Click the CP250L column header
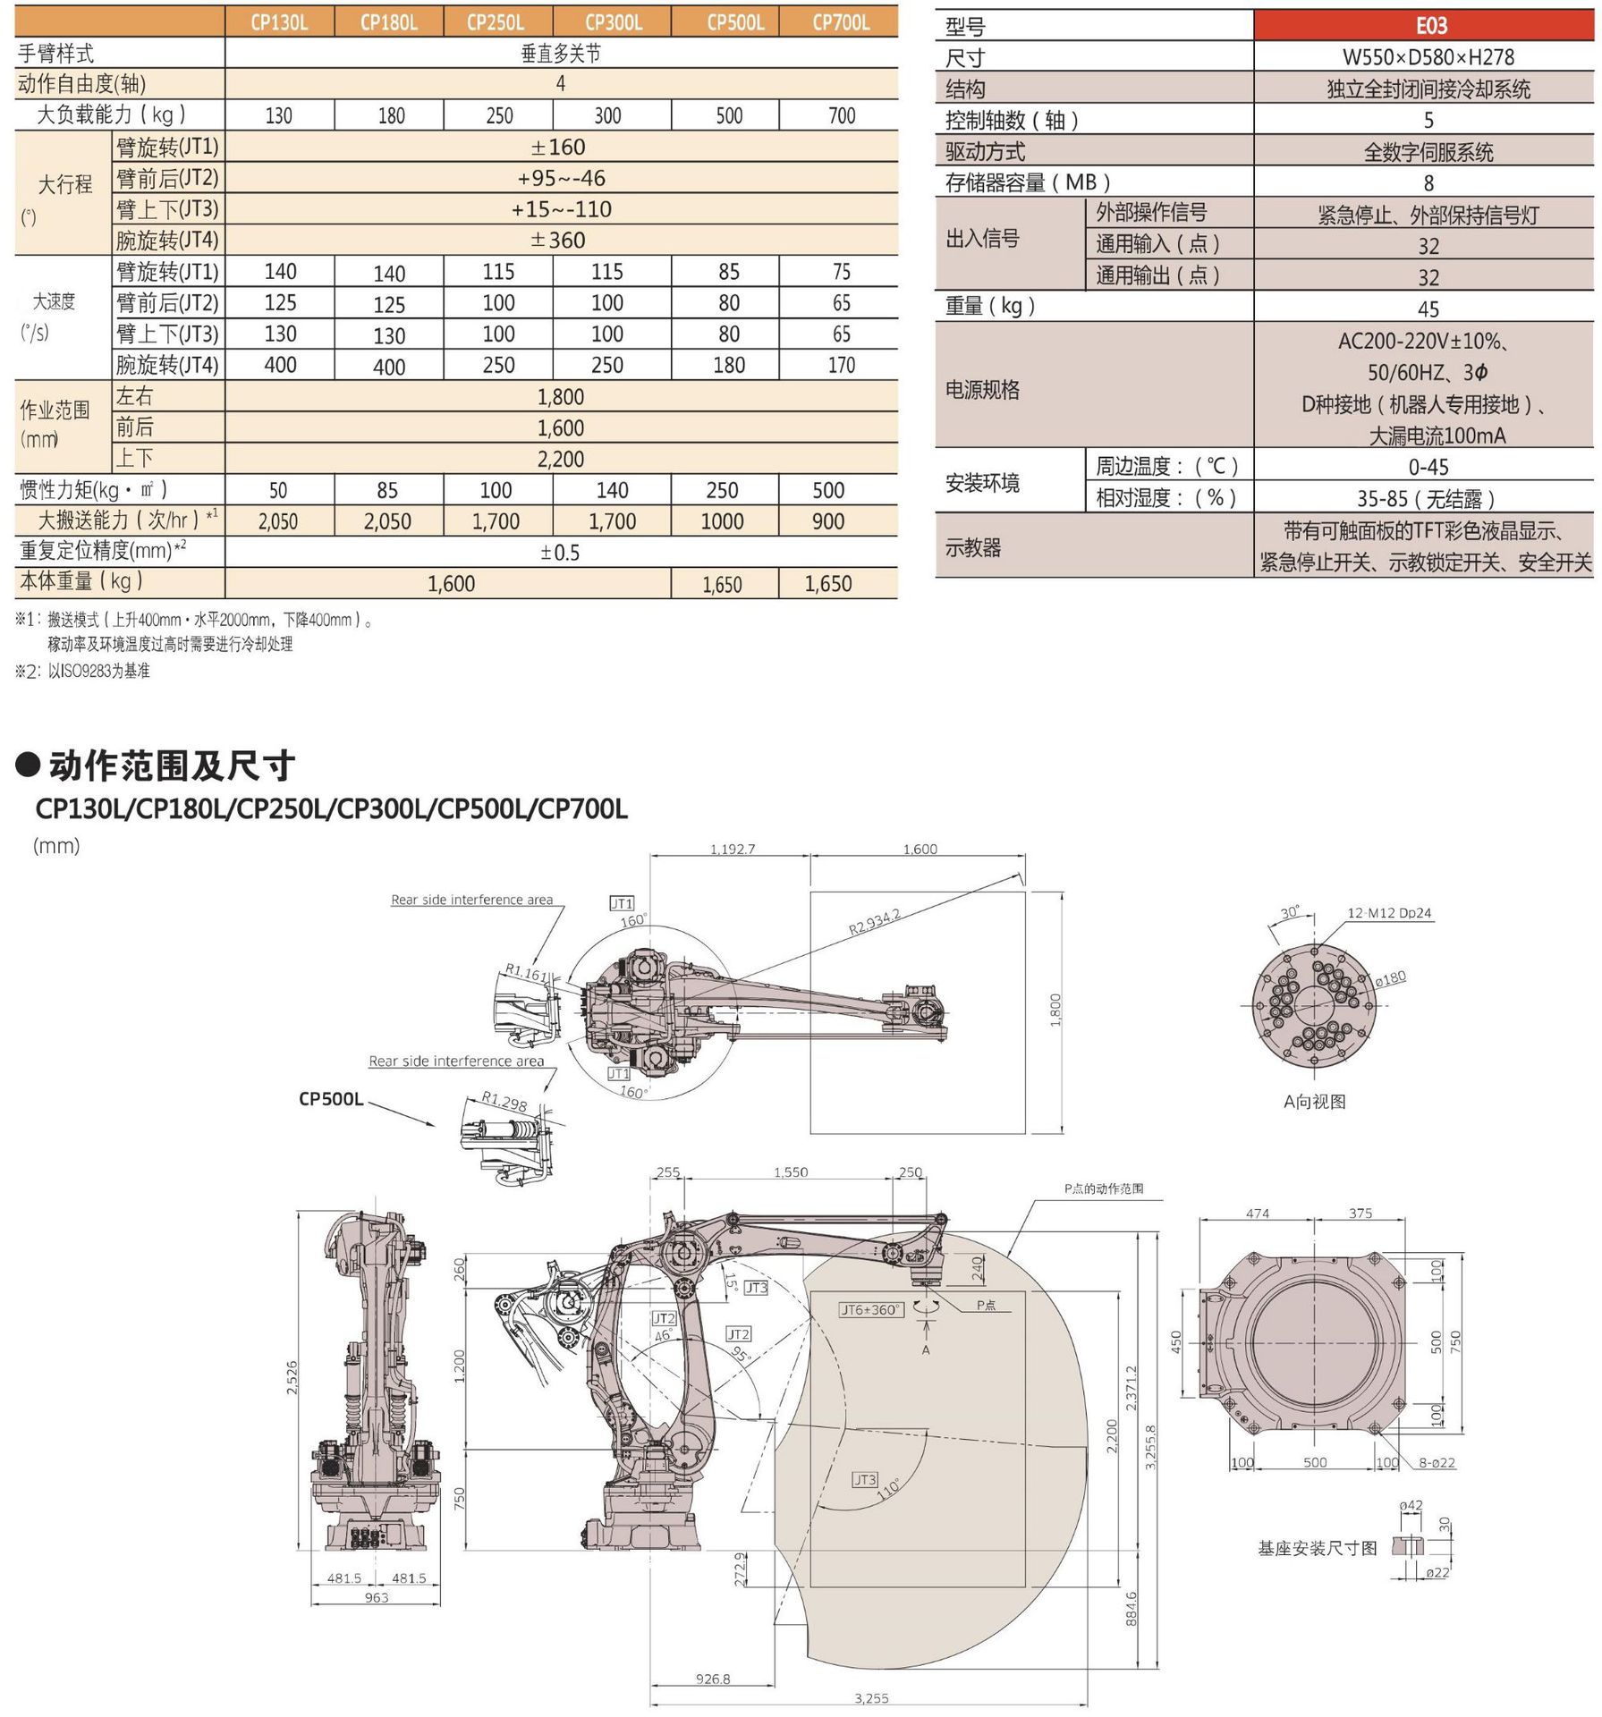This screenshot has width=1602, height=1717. coord(496,22)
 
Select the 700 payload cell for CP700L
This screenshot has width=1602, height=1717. coord(841,115)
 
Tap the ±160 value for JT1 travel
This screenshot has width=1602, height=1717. coord(560,147)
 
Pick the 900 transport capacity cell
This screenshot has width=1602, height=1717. coord(828,521)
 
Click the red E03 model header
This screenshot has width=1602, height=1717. coord(1429,26)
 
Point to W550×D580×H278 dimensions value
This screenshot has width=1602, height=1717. coord(1428,57)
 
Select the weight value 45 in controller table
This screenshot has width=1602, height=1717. coord(1428,309)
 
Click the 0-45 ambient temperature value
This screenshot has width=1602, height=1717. coord(1428,467)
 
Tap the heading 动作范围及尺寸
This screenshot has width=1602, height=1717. coord(172,765)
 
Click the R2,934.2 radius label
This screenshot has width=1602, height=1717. coord(874,921)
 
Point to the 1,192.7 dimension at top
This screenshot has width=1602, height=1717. coord(733,849)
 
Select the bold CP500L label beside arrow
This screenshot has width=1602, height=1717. coord(331,1099)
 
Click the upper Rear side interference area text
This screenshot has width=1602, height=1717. coord(471,900)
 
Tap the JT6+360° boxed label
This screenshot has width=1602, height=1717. coord(871,1309)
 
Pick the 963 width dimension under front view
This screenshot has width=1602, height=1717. coord(377,1597)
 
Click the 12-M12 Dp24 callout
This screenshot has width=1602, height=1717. coord(1389,913)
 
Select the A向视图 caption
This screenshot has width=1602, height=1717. coord(1314,1102)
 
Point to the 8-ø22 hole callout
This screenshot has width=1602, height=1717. coord(1437,1463)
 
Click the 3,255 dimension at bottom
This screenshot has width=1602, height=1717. coord(871,1698)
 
